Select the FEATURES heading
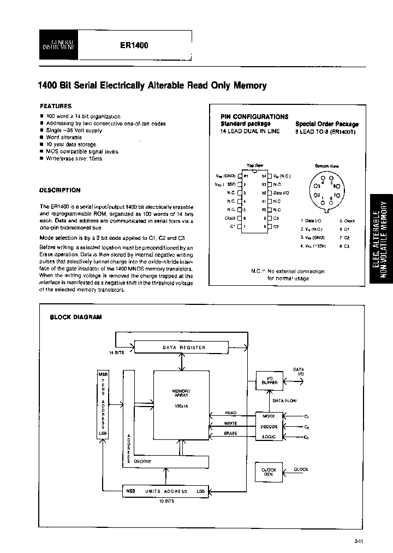56,106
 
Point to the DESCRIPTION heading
60,190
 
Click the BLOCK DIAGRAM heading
75,317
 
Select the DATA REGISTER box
183,347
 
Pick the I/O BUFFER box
269,380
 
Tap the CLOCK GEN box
269,472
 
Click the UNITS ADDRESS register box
165,491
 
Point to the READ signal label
230,413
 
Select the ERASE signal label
230,433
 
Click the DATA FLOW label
284,401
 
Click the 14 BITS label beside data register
116,352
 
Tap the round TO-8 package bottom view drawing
326,191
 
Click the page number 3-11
359,542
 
